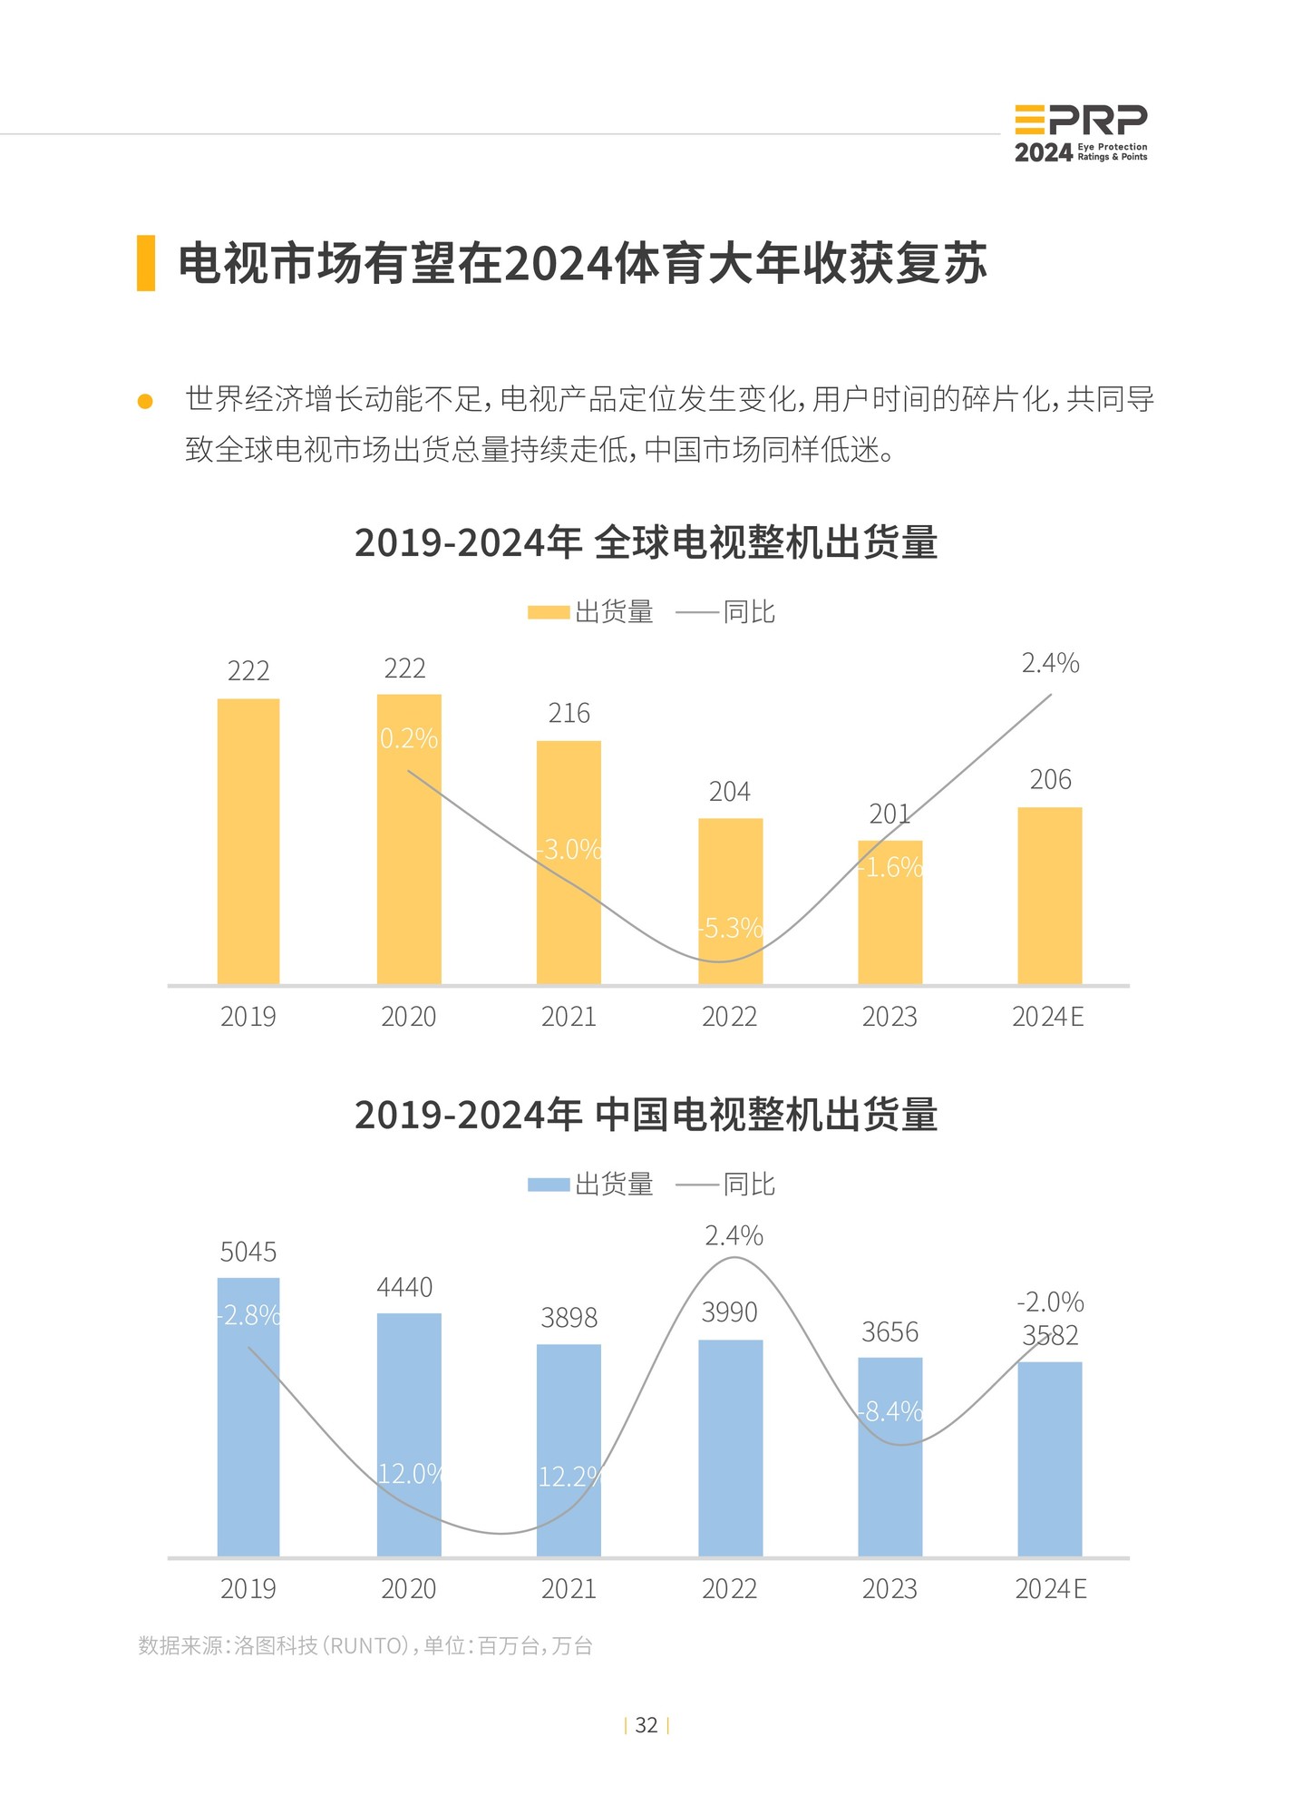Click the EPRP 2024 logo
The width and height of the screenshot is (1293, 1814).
1080,133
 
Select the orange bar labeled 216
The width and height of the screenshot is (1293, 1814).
569,862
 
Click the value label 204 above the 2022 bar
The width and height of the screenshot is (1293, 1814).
729,792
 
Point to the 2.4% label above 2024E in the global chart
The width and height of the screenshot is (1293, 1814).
1050,663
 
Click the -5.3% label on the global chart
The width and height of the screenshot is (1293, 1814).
731,928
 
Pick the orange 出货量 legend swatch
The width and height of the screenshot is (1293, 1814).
548,613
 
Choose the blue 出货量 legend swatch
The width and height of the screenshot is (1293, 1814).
548,1185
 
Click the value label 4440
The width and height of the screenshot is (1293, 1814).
404,1287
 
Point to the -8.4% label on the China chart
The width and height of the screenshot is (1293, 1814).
891,1411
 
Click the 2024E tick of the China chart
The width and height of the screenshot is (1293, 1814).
1050,1589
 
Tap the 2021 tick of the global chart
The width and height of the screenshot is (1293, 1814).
569,1017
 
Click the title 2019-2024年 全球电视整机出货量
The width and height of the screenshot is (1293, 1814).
646,542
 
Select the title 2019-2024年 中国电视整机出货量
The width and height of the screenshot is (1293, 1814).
646,1115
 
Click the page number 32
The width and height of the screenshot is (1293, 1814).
646,1725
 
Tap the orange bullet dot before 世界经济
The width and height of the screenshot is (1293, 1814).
145,401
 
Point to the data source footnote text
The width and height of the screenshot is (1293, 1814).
365,1645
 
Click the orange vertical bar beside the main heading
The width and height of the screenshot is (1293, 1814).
146,263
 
